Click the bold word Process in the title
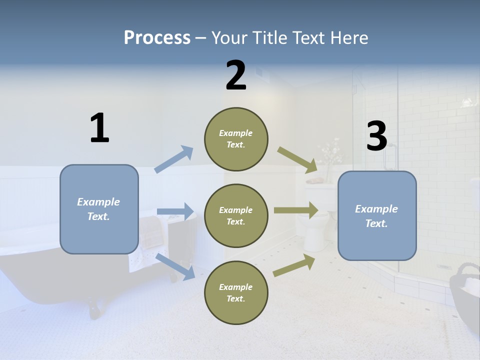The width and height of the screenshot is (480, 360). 157,38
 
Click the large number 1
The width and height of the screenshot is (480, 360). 99,128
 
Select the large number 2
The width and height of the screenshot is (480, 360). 236,75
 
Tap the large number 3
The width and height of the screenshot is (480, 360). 376,136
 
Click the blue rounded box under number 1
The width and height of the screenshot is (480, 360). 99,209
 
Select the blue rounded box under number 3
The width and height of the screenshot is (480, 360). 377,215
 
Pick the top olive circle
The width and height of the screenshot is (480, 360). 236,139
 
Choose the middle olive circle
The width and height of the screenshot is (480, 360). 236,215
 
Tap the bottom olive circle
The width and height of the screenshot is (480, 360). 236,292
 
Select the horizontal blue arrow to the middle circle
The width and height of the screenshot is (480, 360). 175,211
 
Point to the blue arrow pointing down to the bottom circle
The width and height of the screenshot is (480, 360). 175,266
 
